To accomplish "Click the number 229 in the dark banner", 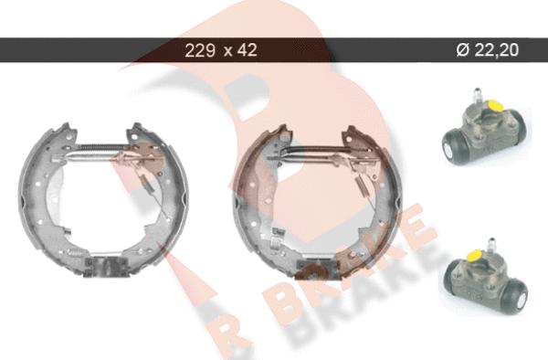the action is [x=199, y=50].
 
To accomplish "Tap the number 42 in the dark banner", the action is [x=248, y=50].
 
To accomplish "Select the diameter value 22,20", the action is [x=497, y=50].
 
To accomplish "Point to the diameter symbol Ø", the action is [x=463, y=50].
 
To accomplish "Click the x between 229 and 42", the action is [x=227, y=52].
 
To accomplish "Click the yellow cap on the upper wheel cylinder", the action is [x=492, y=105].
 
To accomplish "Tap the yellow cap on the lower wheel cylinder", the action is [x=477, y=255].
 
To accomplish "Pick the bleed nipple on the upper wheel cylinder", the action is [x=477, y=95].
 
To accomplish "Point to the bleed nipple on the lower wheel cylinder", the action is [x=491, y=244].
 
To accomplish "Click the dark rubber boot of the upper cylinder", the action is [x=454, y=147].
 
